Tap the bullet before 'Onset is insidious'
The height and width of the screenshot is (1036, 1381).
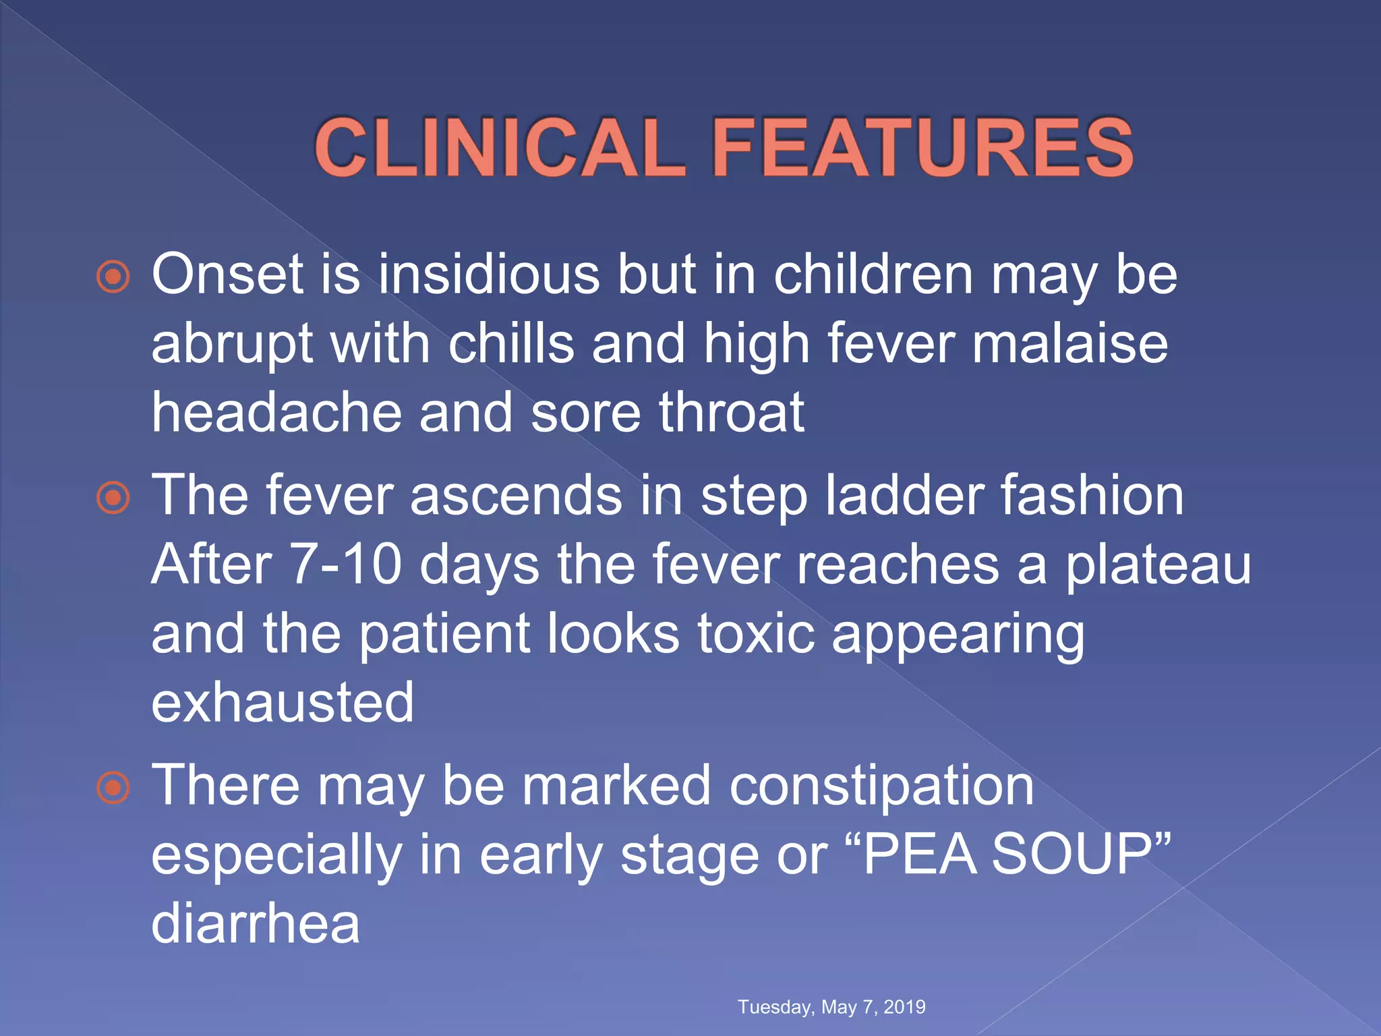(113, 277)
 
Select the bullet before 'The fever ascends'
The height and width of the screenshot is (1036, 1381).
(113, 498)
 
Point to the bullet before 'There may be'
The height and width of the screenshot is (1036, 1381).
(113, 788)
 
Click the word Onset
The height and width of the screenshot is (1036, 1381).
(227, 275)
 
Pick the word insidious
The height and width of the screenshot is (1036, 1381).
(488, 275)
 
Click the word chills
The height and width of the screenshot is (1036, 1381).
(510, 343)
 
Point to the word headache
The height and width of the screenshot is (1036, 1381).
(276, 412)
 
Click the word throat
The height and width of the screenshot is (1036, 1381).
(731, 412)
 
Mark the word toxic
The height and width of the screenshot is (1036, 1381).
(756, 633)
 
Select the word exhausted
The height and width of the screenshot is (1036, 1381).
(283, 703)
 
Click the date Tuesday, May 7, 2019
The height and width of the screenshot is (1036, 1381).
(831, 1007)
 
